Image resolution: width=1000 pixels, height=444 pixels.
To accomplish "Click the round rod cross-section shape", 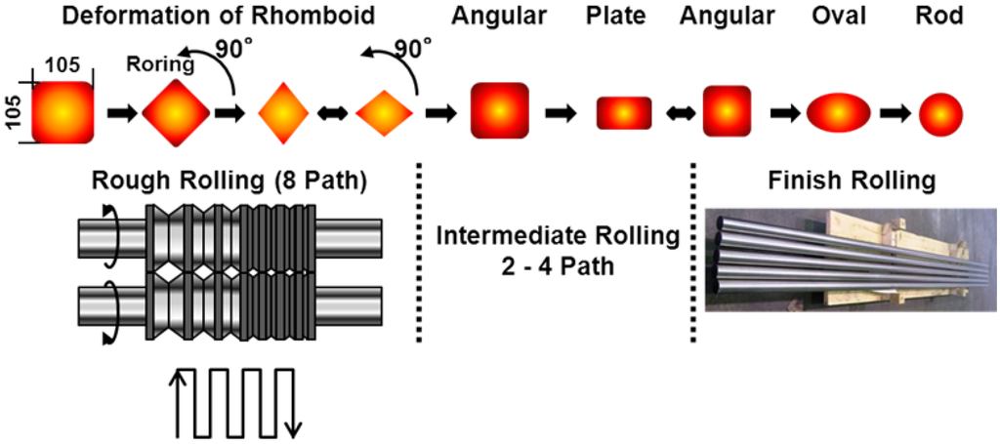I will tap(941, 113).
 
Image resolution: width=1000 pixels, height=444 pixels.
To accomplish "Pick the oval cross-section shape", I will tap(836, 113).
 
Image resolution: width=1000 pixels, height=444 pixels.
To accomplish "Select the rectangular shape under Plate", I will tap(624, 113).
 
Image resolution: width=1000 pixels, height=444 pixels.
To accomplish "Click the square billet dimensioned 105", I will tap(62, 113).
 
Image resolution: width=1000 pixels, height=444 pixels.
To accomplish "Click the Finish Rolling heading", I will tap(848, 181).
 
